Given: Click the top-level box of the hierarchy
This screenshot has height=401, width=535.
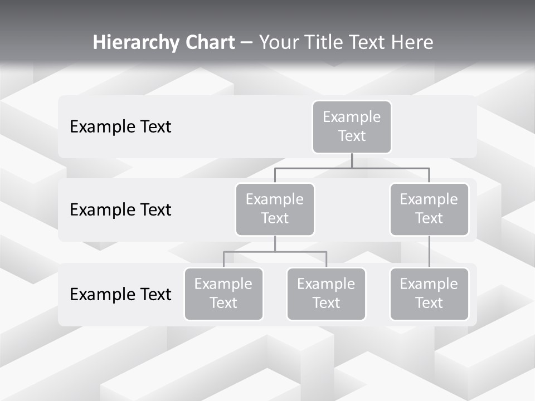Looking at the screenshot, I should click(352, 126).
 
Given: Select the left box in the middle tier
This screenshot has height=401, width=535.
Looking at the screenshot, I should click(275, 209).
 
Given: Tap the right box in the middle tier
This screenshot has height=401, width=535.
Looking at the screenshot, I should click(429, 209).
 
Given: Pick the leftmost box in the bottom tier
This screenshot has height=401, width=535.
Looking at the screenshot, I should click(223, 294).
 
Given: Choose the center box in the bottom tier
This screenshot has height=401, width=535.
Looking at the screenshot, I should click(326, 294).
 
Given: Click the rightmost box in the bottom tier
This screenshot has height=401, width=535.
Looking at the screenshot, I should click(429, 294).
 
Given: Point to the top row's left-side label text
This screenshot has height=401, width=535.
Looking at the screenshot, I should click(120, 126).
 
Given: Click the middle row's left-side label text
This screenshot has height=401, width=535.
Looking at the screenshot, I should click(120, 209).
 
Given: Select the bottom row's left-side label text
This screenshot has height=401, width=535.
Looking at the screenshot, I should click(120, 294).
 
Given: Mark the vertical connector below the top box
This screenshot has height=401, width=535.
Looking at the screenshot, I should click(352, 160).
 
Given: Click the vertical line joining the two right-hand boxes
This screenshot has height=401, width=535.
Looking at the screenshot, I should click(429, 252).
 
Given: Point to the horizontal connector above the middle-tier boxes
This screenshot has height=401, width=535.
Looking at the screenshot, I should click(352, 168).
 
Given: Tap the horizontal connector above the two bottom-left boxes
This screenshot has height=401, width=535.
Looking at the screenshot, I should click(275, 252).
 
